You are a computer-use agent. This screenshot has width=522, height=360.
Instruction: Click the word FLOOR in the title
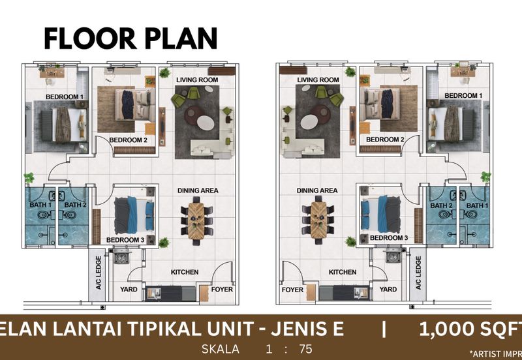pyautogui.click(x=90, y=38)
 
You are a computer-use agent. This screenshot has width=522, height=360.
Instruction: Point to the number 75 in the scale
pyautogui.click(x=305, y=349)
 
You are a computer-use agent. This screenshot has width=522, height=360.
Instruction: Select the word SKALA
pyautogui.click(x=221, y=349)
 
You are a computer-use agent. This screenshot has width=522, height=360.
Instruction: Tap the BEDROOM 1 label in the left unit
pyautogui.click(x=65, y=97)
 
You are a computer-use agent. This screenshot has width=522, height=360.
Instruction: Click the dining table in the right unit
pyautogui.click(x=318, y=220)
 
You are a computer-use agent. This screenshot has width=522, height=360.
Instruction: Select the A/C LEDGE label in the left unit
pyautogui.click(x=99, y=273)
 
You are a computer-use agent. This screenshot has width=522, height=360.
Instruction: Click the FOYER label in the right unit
pyautogui.click(x=292, y=290)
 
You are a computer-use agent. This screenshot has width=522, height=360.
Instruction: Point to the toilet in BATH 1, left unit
pyautogui.click(x=44, y=215)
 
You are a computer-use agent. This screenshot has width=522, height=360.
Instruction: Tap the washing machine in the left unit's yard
pyautogui.click(x=121, y=256)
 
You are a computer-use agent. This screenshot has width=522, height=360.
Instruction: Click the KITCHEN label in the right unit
pyautogui.click(x=343, y=272)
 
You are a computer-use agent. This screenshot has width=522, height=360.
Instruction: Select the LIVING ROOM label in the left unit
pyautogui.click(x=197, y=80)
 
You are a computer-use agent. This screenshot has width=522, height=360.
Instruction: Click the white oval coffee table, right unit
pyautogui.click(x=309, y=122)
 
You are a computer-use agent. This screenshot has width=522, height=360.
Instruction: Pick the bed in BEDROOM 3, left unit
pyautogui.click(x=134, y=215)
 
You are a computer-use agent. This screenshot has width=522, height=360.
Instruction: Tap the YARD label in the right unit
pyautogui.click(x=388, y=290)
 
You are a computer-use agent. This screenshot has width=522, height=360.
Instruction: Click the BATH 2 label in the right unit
pyautogui.click(x=441, y=205)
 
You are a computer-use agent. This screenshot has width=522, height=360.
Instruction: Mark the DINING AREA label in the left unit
pyautogui.click(x=198, y=190)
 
